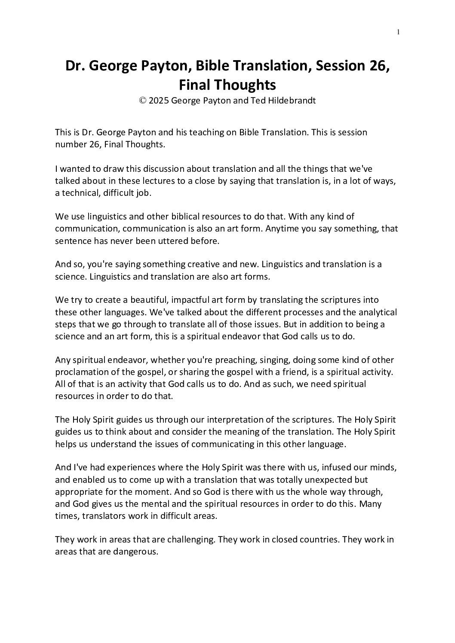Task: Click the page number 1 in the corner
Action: coord(399,32)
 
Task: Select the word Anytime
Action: coord(282,229)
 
